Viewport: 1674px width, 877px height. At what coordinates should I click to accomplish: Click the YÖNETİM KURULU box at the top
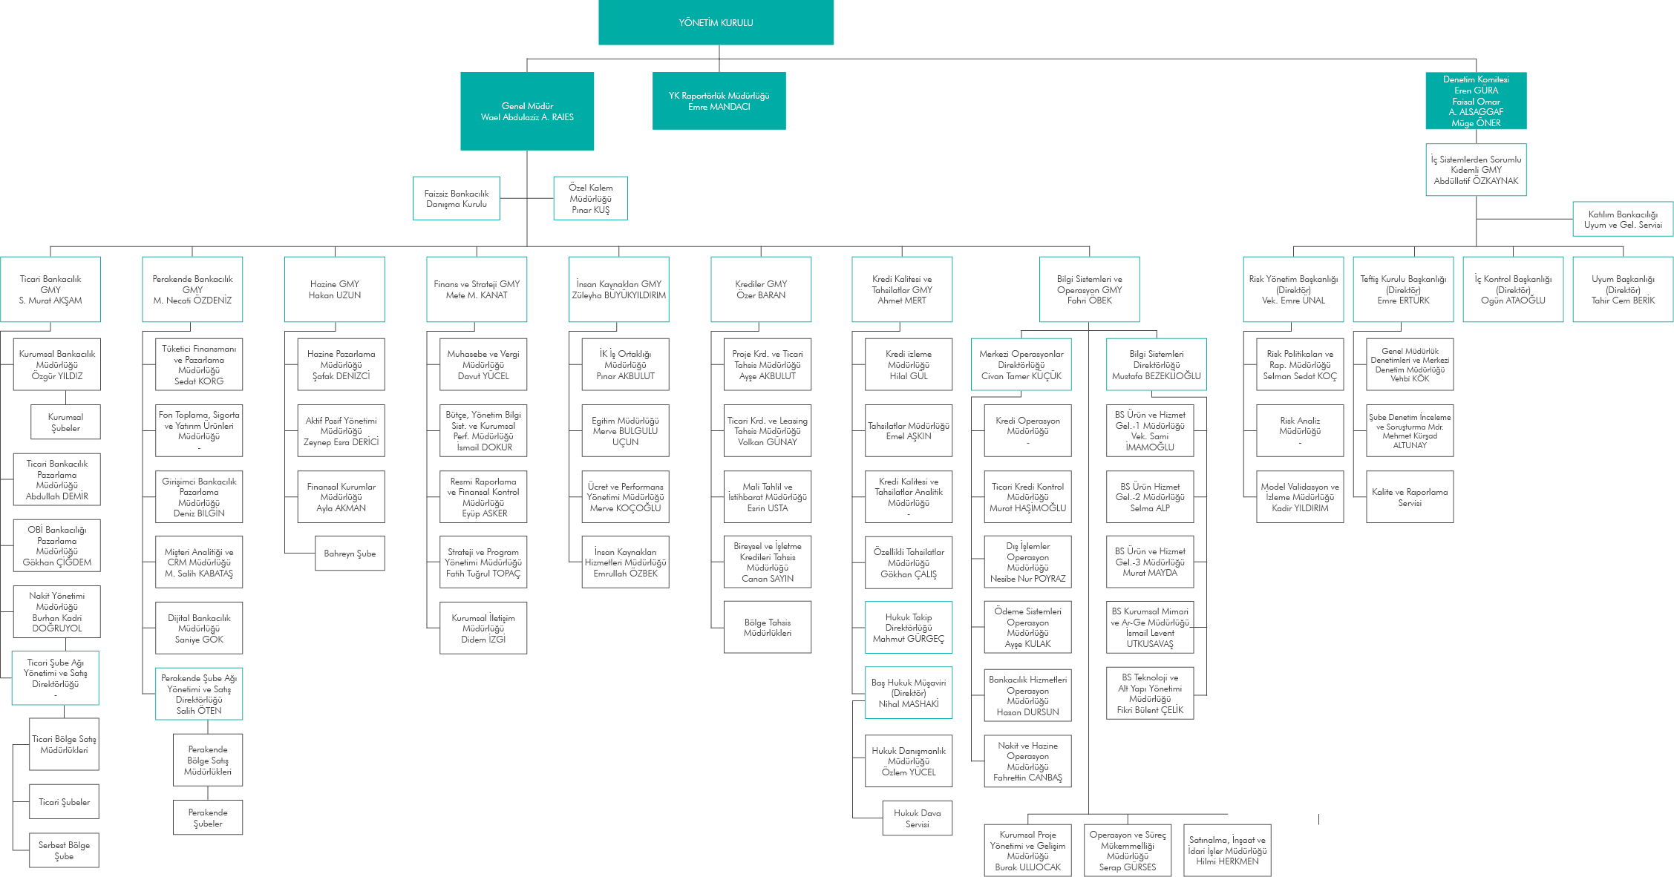click(716, 22)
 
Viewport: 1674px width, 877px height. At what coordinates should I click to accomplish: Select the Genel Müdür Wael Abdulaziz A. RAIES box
click(527, 111)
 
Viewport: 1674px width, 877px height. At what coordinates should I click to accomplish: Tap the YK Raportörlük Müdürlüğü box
click(719, 101)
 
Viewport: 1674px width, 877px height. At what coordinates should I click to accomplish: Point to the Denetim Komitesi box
click(1476, 101)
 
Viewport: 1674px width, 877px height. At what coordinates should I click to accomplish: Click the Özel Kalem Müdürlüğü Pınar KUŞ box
click(591, 198)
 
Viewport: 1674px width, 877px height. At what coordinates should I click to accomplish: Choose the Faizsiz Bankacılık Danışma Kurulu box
click(457, 198)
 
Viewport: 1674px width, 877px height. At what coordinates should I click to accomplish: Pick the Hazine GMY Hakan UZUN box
click(335, 289)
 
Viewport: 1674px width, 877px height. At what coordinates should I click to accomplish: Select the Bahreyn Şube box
click(350, 554)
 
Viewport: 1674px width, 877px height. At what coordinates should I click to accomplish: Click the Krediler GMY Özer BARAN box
click(761, 289)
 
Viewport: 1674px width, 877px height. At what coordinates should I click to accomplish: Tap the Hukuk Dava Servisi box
click(918, 818)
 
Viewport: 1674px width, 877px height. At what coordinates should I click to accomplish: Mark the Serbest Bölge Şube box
click(64, 850)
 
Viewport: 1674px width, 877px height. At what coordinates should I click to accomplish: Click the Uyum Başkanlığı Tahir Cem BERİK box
click(1623, 289)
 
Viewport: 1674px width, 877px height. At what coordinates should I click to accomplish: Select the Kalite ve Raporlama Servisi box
click(1410, 497)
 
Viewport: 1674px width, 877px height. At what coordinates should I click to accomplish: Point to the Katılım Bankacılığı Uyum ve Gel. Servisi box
click(1623, 219)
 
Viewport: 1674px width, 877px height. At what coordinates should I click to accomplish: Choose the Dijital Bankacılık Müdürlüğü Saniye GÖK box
click(199, 628)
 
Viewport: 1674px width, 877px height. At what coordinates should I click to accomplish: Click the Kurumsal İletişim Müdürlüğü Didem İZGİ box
click(483, 628)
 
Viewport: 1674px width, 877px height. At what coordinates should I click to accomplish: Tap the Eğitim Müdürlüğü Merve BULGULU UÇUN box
click(625, 431)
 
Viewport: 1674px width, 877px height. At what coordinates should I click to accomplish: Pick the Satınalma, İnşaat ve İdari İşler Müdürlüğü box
click(1227, 850)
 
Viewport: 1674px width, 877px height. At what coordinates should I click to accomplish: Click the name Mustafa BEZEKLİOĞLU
click(1156, 376)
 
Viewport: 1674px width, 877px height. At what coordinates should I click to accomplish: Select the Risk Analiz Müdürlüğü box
click(1300, 431)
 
